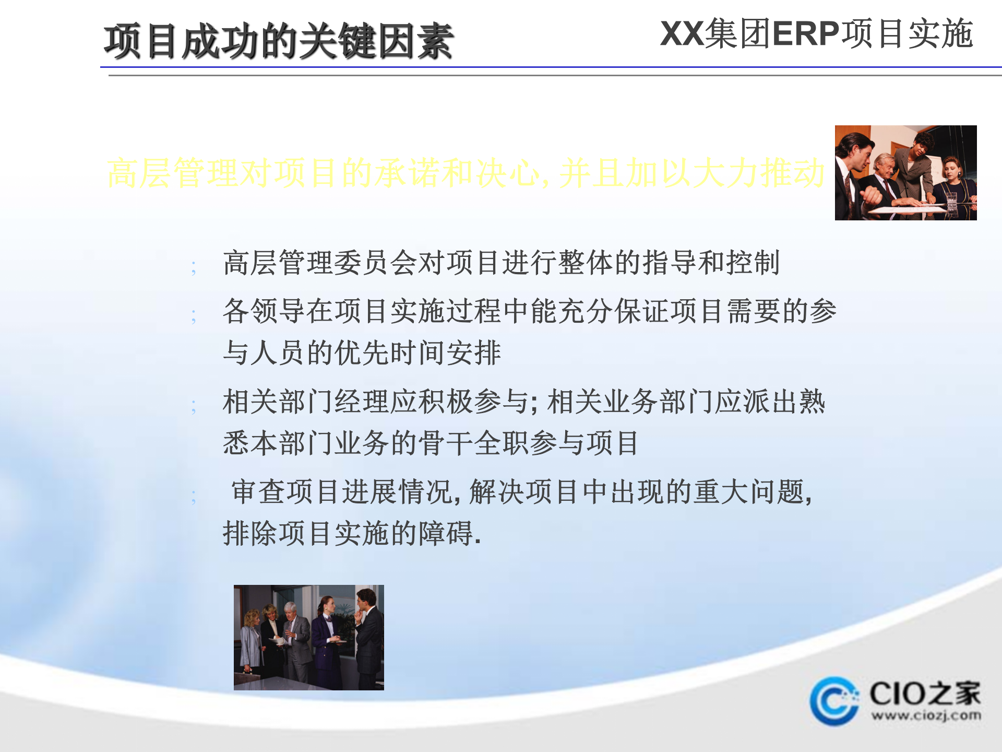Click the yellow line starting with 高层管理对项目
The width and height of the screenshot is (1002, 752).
466,173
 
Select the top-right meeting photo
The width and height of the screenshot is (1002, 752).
905,172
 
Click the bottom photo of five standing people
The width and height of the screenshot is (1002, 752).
308,637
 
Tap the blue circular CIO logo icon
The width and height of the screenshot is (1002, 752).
833,701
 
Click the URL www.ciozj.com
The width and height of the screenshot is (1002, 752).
926,715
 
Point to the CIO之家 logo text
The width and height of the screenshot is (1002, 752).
925,694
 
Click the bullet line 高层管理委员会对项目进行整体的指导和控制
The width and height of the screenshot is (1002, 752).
501,262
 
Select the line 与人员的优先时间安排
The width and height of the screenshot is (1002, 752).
362,352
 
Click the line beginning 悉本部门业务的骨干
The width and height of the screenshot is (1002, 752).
431,443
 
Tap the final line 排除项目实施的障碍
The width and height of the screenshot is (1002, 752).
352,533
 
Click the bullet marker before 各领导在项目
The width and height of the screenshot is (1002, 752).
194,315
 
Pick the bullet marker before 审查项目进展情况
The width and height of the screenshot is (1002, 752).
194,496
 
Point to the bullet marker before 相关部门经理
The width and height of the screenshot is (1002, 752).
194,406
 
